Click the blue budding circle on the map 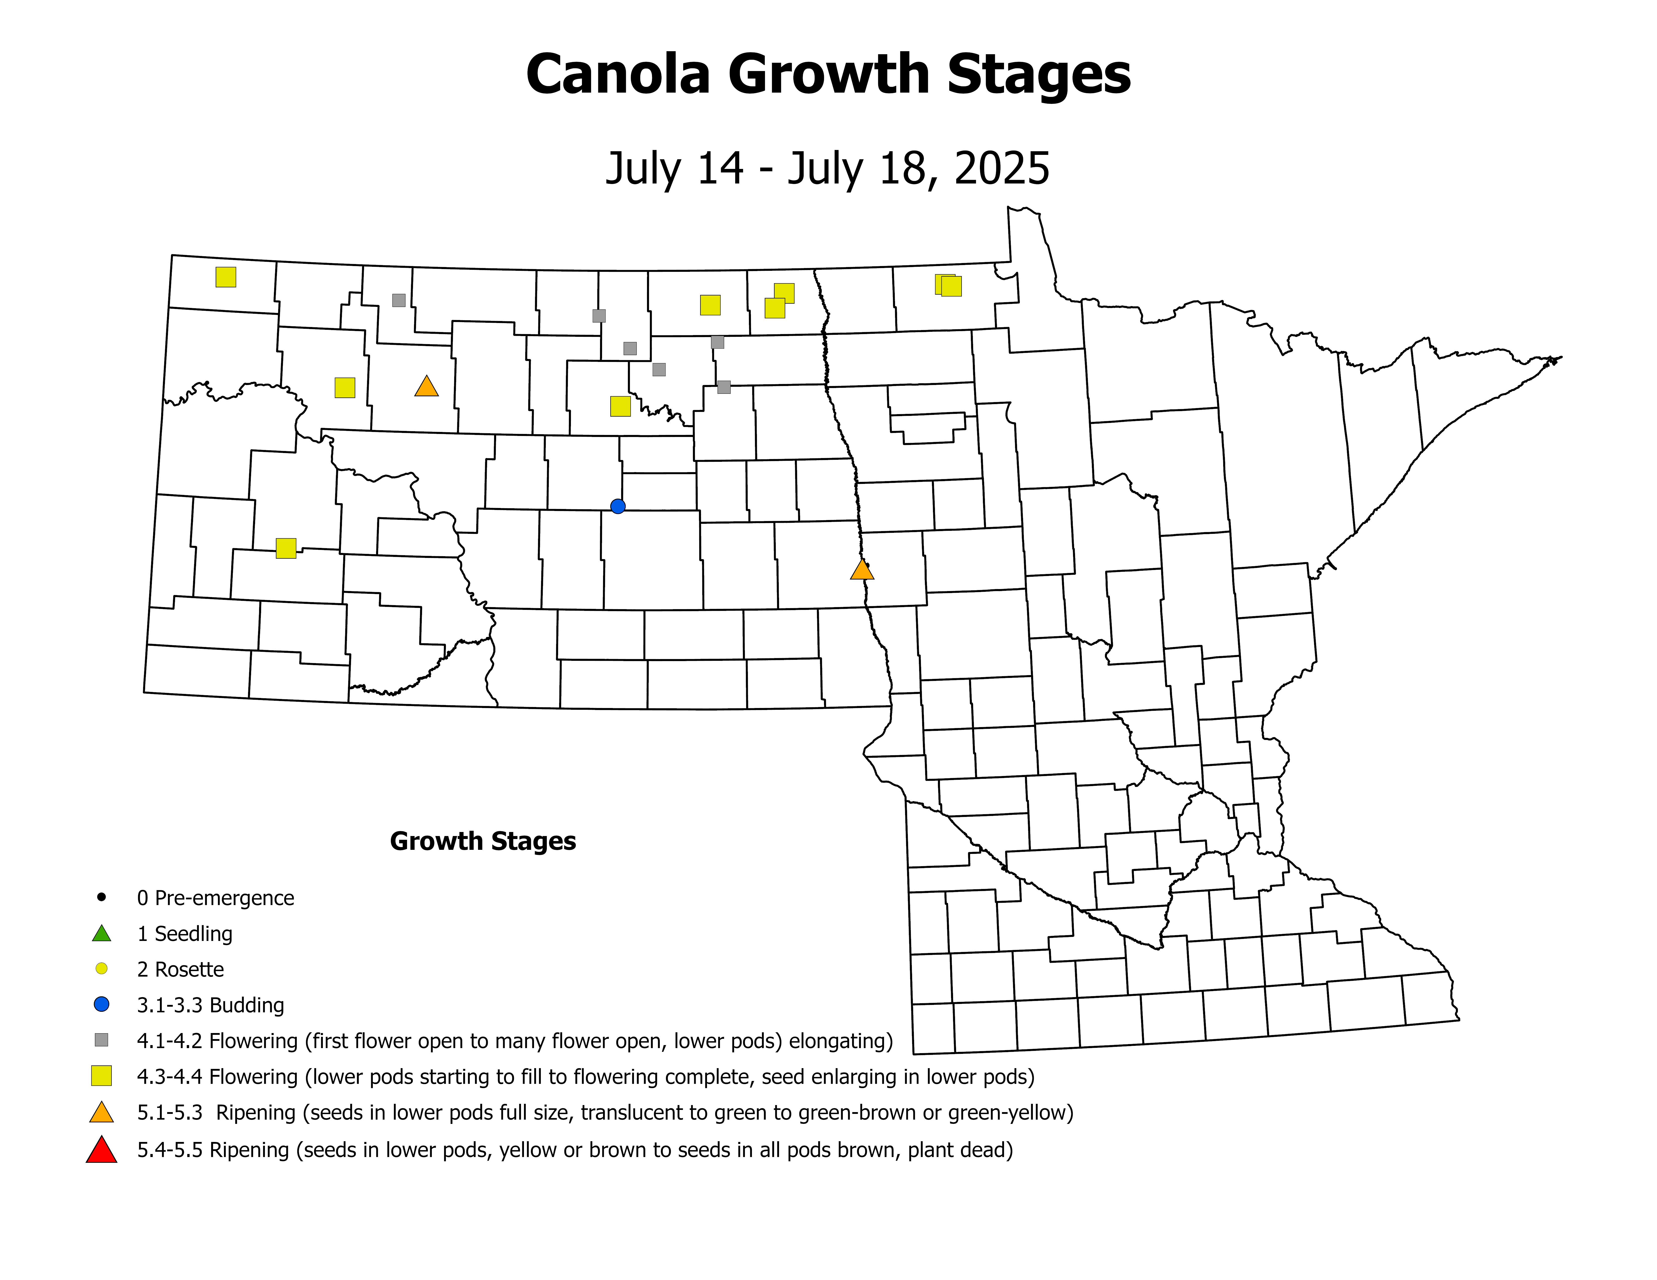click(x=618, y=506)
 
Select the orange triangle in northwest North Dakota click(x=426, y=387)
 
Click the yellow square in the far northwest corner click(x=225, y=277)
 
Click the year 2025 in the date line click(x=1001, y=168)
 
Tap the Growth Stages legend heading click(x=483, y=841)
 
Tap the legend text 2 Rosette click(x=181, y=969)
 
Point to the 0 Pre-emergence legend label click(x=215, y=898)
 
